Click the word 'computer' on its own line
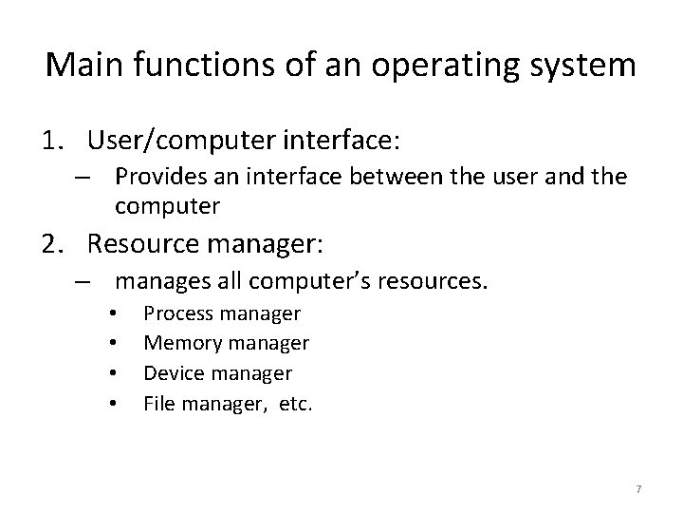(167, 206)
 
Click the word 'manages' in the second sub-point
(160, 281)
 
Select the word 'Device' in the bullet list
(169, 373)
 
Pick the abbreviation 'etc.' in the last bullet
(295, 403)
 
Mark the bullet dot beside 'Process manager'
(113, 314)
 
